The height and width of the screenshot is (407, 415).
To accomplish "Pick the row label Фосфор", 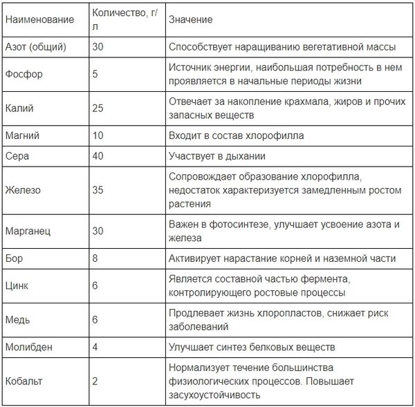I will [x=21, y=74].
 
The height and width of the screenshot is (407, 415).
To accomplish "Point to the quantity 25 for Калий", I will [x=98, y=107].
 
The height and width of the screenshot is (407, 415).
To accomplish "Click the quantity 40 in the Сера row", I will [x=98, y=156].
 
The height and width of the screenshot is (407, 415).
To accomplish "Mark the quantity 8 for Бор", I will [x=95, y=258].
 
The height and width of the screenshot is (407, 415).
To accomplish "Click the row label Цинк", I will [x=17, y=285].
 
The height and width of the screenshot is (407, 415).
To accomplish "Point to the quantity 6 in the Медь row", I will [x=95, y=319].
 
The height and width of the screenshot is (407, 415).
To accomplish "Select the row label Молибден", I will [x=28, y=346].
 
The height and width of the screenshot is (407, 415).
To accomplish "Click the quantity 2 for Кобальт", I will [x=95, y=380].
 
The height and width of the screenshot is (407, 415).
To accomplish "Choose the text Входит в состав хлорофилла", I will [x=236, y=135].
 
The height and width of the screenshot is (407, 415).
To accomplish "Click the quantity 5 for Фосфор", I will [x=95, y=74].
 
